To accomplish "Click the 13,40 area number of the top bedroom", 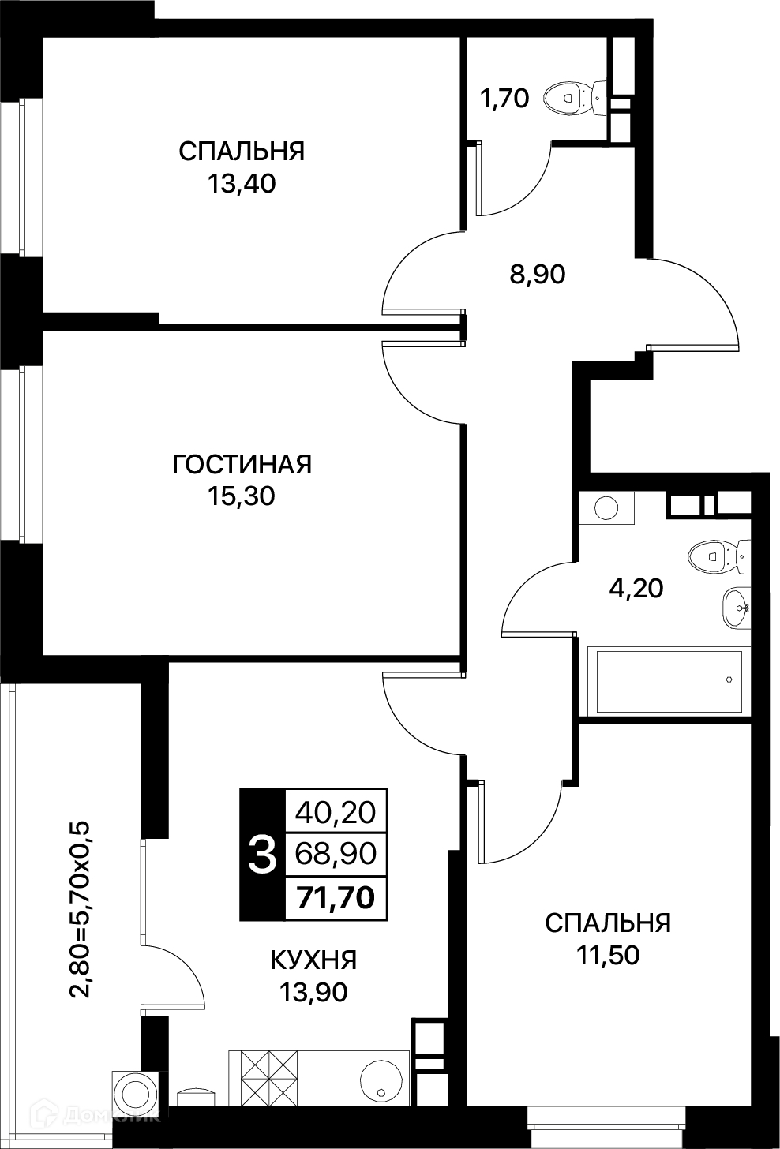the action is (242, 183).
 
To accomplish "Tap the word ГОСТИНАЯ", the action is (242, 465).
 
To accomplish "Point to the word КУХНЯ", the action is (313, 960).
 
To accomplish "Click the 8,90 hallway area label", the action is (538, 275).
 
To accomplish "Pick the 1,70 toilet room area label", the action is (504, 98).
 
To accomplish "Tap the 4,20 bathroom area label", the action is (636, 589).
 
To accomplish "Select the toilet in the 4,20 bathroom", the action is (719, 556).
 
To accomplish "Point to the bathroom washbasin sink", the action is (737, 608).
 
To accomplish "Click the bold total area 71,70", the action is (336, 898).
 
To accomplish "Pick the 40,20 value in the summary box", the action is (336, 813).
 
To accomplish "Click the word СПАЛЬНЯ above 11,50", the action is (608, 923).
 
